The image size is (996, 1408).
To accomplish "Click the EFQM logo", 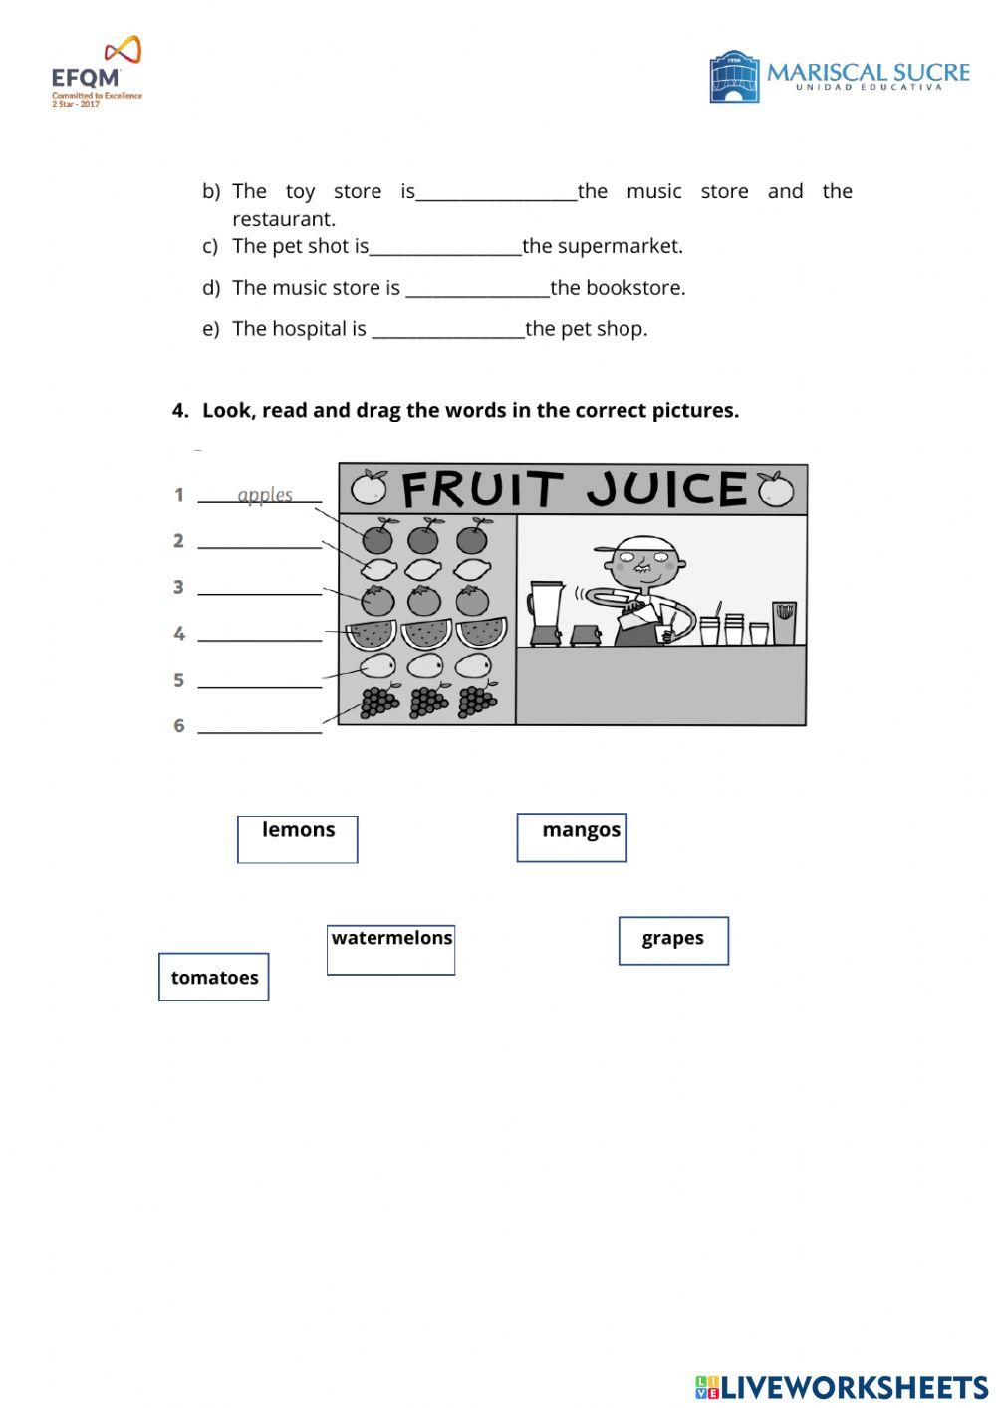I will point(97,72).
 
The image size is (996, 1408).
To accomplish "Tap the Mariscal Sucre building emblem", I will point(734,77).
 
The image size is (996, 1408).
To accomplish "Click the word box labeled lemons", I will point(297,838).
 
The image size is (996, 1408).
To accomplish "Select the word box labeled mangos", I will point(572,837).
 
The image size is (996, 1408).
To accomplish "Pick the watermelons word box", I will point(390,949).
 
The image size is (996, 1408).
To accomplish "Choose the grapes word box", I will point(673,940).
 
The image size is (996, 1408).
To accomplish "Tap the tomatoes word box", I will point(214,977).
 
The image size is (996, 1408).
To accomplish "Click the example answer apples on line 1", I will point(265,494).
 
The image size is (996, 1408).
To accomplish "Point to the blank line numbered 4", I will point(260,636).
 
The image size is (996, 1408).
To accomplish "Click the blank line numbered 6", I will point(260,728).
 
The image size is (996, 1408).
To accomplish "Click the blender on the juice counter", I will point(545,612).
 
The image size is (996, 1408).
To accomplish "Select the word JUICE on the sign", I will point(665,489).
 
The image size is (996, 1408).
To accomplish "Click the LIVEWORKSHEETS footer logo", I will point(842,1386).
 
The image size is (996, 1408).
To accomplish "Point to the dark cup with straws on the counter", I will point(785,622).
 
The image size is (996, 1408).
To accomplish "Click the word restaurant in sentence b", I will point(283,219).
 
